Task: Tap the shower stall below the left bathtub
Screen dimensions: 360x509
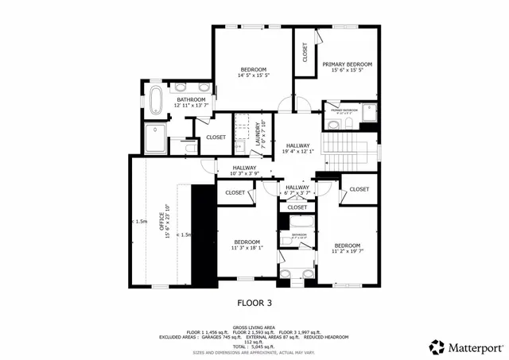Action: point(155,137)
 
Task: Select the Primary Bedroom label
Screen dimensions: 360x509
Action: point(347,64)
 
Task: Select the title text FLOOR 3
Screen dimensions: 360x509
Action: point(254,302)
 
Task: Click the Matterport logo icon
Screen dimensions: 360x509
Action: point(437,346)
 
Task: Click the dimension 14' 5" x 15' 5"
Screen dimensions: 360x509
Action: point(254,76)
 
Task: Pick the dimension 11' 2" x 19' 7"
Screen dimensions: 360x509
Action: point(347,252)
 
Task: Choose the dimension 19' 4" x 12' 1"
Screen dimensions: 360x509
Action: point(297,152)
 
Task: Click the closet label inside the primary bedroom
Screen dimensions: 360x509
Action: point(305,52)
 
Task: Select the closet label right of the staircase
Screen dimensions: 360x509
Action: point(359,189)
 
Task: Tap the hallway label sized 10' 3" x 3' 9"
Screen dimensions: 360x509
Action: point(244,168)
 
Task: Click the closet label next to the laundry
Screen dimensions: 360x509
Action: point(216,137)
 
